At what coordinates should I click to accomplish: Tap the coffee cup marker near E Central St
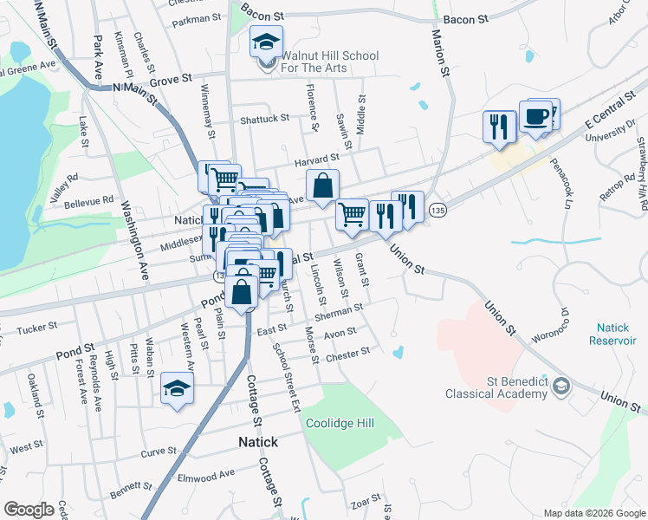coord(536,117)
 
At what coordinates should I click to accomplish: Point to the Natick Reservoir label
coord(618,334)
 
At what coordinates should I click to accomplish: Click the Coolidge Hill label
coord(339,424)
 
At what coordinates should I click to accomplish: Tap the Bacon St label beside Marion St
coord(461,19)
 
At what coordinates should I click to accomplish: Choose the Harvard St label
coord(314,159)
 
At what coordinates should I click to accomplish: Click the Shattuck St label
coord(264,118)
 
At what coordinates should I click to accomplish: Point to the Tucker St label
coord(36,328)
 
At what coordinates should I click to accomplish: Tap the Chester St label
coord(351,352)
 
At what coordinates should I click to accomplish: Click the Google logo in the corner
coord(29,510)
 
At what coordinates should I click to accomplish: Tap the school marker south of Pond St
coord(177,389)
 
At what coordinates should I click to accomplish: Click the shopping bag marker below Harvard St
coord(321,185)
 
